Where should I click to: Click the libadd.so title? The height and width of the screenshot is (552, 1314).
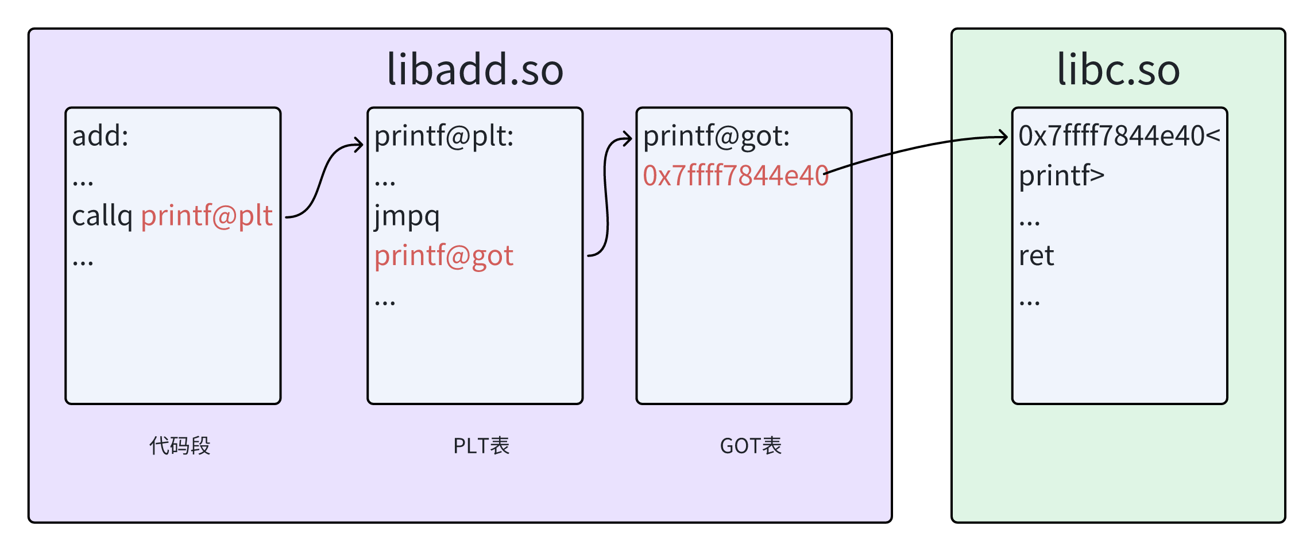point(475,69)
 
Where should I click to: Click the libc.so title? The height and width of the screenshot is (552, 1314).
point(1118,69)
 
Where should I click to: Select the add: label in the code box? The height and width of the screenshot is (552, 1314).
point(101,136)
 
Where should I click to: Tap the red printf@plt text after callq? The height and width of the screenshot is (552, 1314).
point(207,216)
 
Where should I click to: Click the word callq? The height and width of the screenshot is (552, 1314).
point(102,217)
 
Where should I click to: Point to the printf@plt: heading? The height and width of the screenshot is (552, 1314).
point(444,137)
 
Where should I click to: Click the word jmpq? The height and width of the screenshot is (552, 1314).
point(407,217)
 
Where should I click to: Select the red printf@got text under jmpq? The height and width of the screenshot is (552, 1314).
point(444,256)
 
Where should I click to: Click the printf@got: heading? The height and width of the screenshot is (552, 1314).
point(716,137)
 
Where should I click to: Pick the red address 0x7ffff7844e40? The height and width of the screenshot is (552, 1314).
point(736,176)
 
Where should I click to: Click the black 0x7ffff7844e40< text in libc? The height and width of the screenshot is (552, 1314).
point(1119,136)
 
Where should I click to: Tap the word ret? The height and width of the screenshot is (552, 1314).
point(1036,256)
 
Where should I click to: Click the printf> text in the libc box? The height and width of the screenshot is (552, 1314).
point(1061,176)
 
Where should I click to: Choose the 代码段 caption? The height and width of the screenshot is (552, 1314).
point(180,446)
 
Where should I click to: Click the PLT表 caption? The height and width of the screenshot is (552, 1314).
point(481,446)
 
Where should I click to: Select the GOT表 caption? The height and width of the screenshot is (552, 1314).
point(751,446)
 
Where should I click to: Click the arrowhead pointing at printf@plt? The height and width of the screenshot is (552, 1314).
point(360,145)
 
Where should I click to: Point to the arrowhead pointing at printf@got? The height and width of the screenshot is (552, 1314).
point(628,139)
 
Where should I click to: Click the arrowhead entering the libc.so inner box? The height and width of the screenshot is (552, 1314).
point(1004,137)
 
